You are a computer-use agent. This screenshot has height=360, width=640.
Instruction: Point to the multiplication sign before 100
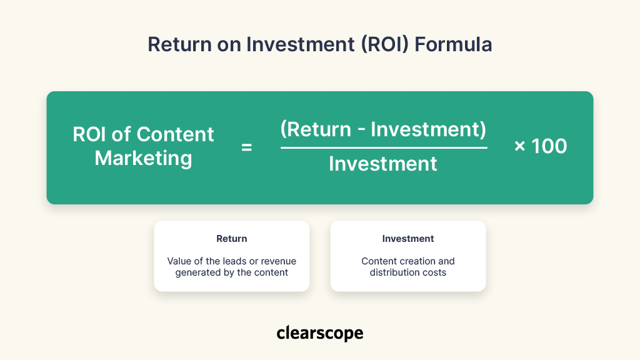(x=519, y=147)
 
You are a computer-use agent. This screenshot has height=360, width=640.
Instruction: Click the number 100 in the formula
(x=549, y=147)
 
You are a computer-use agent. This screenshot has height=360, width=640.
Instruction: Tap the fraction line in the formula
(x=383, y=148)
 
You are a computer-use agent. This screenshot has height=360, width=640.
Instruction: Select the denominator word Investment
(x=383, y=164)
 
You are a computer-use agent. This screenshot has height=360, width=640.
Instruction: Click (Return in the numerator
(x=316, y=130)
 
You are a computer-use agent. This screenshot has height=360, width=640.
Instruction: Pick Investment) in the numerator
(x=429, y=130)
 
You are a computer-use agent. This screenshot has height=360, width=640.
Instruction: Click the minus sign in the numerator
(x=361, y=131)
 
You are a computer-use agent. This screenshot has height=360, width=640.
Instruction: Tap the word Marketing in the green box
(x=143, y=158)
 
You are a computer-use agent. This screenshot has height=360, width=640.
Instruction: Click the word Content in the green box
(x=175, y=134)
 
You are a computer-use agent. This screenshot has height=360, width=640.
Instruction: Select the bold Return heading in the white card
(x=232, y=239)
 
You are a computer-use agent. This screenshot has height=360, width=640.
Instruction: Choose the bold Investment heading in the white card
(x=408, y=239)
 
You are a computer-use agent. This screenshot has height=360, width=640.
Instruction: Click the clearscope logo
(x=319, y=333)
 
